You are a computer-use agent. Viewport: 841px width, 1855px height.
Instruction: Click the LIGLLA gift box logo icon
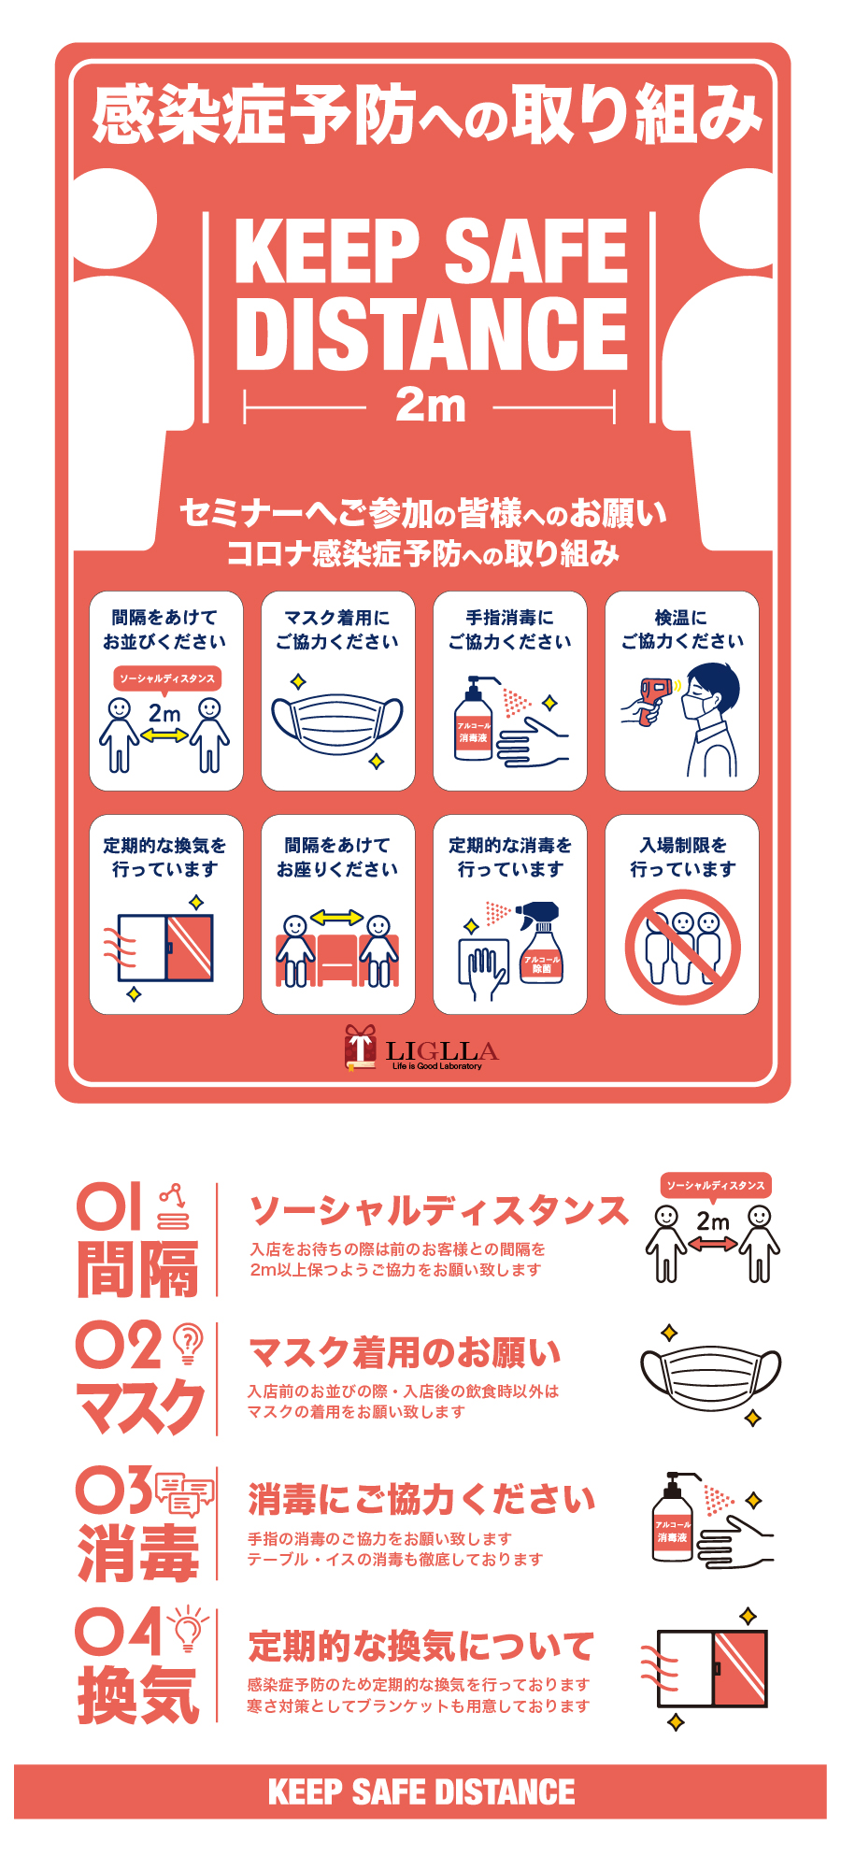coord(360,1048)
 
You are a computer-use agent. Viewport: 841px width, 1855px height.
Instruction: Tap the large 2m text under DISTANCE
coord(430,407)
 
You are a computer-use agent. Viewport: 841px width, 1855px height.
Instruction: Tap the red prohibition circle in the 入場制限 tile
coord(682,947)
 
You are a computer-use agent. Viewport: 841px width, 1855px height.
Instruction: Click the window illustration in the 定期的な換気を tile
coord(165,948)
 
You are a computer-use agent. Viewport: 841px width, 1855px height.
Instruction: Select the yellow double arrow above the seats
coord(336,918)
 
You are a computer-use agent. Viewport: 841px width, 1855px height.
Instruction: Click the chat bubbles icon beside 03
coord(184,1492)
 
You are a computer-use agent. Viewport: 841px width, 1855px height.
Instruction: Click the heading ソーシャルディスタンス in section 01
coord(439,1210)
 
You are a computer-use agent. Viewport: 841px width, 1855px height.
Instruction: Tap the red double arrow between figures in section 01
coord(712,1244)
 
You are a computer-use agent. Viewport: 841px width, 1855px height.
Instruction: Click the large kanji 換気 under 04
coord(138,1694)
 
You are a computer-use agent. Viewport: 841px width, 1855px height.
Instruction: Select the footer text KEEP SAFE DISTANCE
coord(421,1792)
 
